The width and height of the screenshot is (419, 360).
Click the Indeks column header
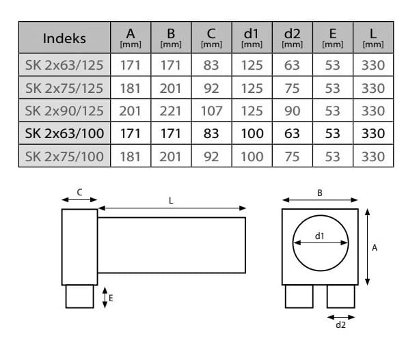pyautogui.click(x=64, y=38)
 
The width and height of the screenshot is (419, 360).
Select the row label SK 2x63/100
pyautogui.click(x=64, y=133)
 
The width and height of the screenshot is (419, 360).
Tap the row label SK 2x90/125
pyautogui.click(x=64, y=110)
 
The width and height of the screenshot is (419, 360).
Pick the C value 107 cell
pyautogui.click(x=211, y=110)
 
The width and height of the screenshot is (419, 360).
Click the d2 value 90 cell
pyautogui.click(x=292, y=110)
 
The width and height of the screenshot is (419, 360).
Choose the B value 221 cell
pyautogui.click(x=171, y=110)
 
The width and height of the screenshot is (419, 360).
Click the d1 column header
pyautogui.click(x=252, y=38)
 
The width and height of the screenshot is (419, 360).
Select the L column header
pyautogui.click(x=373, y=38)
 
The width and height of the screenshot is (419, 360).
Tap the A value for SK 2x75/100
pyautogui.click(x=131, y=156)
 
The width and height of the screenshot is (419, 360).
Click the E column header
pyautogui.click(x=332, y=38)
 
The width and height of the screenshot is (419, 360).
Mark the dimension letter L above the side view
pyautogui.click(x=171, y=201)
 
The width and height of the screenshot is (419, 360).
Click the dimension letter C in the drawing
pyautogui.click(x=79, y=193)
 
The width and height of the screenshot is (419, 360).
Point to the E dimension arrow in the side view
pyautogui.click(x=105, y=296)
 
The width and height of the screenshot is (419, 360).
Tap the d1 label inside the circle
pyautogui.click(x=319, y=236)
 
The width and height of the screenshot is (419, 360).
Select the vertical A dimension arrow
pyautogui.click(x=368, y=247)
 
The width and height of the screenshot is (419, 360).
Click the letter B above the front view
pyautogui.click(x=319, y=193)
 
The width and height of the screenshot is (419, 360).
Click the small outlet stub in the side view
pyautogui.click(x=79, y=296)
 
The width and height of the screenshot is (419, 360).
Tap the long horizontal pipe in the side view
pyautogui.click(x=171, y=245)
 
